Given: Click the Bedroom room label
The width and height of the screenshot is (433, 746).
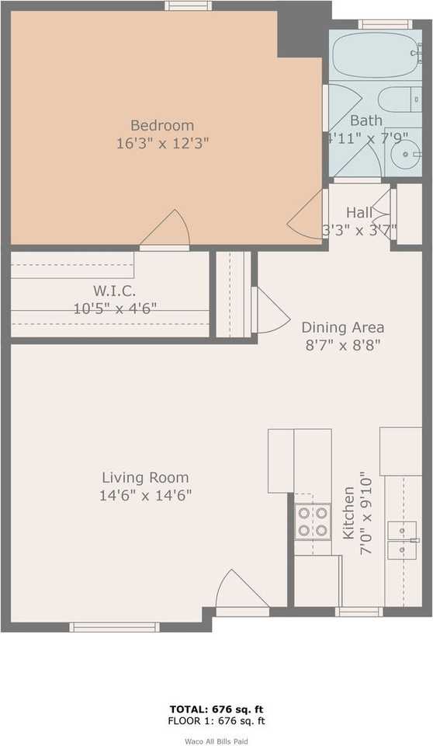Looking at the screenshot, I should [x=161, y=125].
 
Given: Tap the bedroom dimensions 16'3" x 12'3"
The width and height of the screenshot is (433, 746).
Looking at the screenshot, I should [x=161, y=143].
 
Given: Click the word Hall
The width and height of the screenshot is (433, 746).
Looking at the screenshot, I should [x=359, y=212].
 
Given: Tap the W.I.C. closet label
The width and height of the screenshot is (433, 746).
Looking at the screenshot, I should [x=115, y=291].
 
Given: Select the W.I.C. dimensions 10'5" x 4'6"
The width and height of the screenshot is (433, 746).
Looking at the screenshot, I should [x=115, y=308].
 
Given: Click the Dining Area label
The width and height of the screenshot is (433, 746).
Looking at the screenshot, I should [x=342, y=327].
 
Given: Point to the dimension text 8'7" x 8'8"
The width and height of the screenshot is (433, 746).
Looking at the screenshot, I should [x=342, y=344].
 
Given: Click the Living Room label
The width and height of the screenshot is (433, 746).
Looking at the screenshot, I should [x=145, y=478].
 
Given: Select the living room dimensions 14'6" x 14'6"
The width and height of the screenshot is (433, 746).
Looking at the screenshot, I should [x=145, y=495].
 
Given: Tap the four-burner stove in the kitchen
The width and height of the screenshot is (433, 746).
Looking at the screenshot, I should [x=312, y=521].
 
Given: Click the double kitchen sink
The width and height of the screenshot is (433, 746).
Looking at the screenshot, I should [x=403, y=540].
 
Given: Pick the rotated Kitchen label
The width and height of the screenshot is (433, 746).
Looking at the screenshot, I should [x=348, y=514].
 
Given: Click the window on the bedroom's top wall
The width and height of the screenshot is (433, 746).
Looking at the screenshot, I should [x=188, y=5].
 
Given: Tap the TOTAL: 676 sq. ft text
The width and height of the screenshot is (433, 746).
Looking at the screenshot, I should [x=216, y=709].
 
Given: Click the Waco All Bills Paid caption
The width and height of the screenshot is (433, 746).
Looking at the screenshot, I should [x=216, y=741].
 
